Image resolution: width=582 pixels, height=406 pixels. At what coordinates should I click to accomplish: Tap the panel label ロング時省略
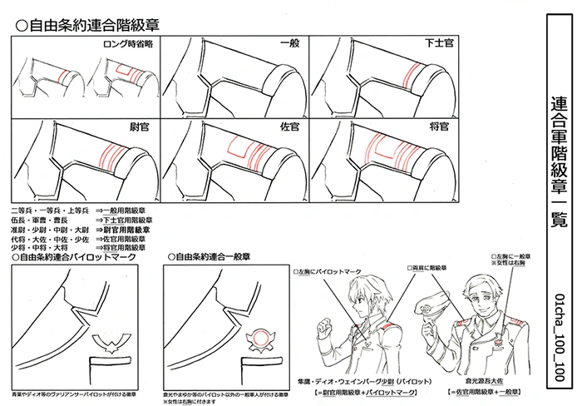click(x=124, y=43)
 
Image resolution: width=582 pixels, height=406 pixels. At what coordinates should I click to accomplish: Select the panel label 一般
click(x=289, y=43)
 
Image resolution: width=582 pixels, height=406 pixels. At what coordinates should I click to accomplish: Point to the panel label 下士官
click(x=436, y=43)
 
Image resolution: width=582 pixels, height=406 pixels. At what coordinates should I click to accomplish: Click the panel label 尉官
click(x=140, y=127)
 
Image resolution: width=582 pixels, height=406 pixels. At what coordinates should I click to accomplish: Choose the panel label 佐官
click(x=289, y=127)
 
